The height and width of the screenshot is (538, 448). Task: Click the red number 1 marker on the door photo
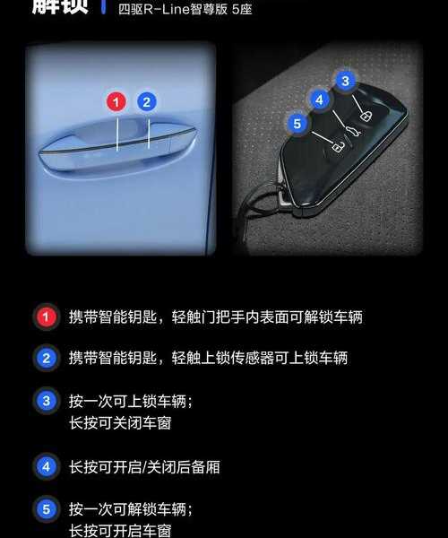tap(116, 101)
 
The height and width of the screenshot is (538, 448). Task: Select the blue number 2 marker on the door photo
tap(147, 101)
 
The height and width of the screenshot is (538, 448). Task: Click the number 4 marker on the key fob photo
tap(318, 99)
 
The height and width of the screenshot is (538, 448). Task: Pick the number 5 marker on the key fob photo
tap(297, 123)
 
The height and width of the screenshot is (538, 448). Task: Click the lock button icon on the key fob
tap(365, 117)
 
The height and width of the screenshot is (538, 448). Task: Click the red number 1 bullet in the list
tap(45, 317)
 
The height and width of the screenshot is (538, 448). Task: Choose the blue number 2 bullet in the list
tap(45, 358)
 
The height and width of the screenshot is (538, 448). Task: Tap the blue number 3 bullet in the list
tap(45, 401)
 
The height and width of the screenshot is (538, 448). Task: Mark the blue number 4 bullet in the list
tap(45, 466)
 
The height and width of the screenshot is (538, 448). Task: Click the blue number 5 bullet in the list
tap(45, 509)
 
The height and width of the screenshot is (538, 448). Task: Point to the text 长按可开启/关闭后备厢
tap(144, 467)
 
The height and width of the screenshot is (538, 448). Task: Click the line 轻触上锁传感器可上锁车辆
tap(259, 358)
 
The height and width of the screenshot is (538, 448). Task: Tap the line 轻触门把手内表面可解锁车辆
tap(266, 317)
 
